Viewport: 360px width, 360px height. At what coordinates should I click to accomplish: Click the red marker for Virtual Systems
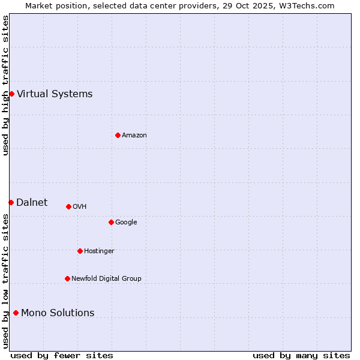[x=11, y=94]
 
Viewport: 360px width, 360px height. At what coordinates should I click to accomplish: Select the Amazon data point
[x=118, y=135]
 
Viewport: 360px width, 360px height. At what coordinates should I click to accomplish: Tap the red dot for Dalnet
[x=11, y=202]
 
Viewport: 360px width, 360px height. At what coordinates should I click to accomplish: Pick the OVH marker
[x=68, y=206]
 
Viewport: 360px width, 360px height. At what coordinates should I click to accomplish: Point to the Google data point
[x=111, y=222]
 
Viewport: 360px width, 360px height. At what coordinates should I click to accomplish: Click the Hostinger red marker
[x=80, y=251]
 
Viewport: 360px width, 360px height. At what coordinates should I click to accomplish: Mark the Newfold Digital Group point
[x=67, y=278]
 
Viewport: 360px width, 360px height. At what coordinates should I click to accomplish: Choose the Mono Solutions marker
[x=16, y=313]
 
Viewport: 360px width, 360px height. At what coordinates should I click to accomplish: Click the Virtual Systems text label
[x=55, y=94]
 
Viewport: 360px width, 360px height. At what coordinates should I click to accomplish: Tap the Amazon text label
[x=134, y=136]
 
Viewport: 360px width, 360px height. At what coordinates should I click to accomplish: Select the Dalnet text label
[x=32, y=202]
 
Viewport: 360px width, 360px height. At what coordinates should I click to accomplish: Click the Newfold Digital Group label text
[x=106, y=278]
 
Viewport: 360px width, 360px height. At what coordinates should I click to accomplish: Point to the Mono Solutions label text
[x=58, y=313]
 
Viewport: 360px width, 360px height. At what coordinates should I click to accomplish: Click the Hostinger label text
[x=99, y=251]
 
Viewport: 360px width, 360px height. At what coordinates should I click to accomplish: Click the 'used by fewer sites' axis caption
[x=62, y=355]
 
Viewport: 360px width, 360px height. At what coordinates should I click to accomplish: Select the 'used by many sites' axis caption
[x=301, y=355]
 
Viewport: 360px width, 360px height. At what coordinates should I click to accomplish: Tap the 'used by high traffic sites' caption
[x=5, y=85]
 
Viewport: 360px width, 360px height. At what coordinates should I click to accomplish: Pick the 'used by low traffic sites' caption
[x=5, y=281]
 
